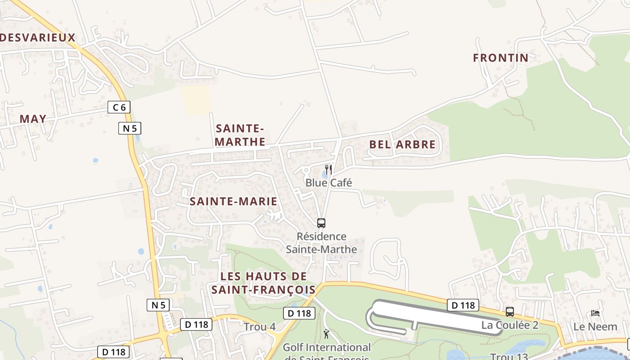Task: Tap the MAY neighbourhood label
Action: click(x=33, y=119)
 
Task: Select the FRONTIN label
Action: click(x=500, y=58)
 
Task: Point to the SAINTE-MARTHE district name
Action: click(x=240, y=135)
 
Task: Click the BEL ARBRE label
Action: click(x=402, y=144)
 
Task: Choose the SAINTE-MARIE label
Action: click(x=233, y=202)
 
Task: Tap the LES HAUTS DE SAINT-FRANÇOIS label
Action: click(x=264, y=283)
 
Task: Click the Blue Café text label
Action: click(x=328, y=183)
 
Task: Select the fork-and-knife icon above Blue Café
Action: click(x=328, y=170)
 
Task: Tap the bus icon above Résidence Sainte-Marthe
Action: click(x=321, y=223)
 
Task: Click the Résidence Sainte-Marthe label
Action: click(x=321, y=243)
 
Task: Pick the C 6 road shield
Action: click(x=119, y=107)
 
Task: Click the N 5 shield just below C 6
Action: click(x=130, y=128)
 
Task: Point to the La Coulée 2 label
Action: click(x=510, y=325)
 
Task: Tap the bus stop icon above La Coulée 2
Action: click(x=510, y=311)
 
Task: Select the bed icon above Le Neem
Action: click(x=595, y=313)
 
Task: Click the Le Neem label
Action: click(x=595, y=327)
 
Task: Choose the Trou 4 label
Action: click(x=260, y=327)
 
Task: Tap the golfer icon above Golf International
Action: click(x=326, y=334)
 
